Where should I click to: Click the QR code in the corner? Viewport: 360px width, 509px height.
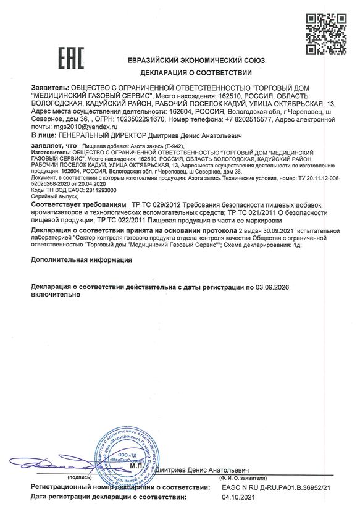pyautogui.click(x=325, y=28)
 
